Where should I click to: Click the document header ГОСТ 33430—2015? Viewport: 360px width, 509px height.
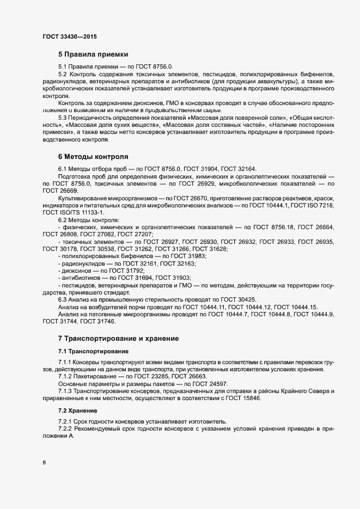click(70, 36)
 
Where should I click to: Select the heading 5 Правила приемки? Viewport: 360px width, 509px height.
click(93, 54)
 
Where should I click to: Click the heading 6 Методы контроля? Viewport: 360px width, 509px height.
click(93, 156)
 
